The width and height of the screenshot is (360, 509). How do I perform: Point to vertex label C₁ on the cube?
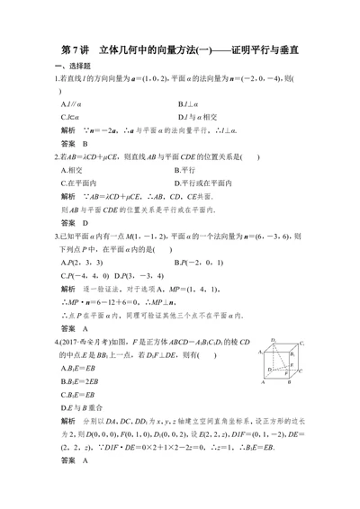[x=301, y=344]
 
